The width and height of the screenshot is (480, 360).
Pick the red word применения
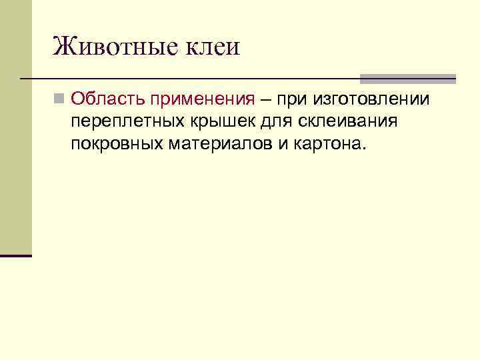tap(203, 99)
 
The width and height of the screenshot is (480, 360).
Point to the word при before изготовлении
tap(293, 99)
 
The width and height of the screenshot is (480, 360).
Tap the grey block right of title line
tap(407, 78)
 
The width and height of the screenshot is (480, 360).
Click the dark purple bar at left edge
tap(16, 255)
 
